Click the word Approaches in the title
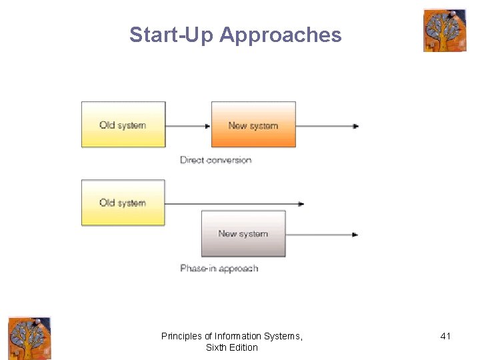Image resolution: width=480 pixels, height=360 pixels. coord(280,35)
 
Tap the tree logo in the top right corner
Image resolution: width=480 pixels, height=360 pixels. coord(445,31)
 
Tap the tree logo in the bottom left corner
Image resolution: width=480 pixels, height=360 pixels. coord(29,338)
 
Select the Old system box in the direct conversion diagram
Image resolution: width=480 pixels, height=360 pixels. coord(123,125)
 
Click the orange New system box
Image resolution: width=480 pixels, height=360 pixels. coord(253,125)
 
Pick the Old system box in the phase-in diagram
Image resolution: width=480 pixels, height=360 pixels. coord(123,203)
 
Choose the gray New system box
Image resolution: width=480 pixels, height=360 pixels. coord(243,233)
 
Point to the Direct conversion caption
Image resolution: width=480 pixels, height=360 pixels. coord(216,160)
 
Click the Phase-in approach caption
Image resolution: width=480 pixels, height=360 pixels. coord(219,268)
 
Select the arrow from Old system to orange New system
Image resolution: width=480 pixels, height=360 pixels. coord(188,126)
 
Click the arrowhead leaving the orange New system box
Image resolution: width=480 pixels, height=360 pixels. coord(356,126)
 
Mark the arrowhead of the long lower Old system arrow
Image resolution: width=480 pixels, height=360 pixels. coord(301,204)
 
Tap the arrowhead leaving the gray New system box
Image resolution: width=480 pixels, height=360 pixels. coord(356,234)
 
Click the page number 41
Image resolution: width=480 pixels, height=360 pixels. coord(445,336)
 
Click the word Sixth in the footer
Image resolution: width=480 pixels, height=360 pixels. coord(217,347)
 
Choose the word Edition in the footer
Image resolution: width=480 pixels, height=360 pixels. coord(243,347)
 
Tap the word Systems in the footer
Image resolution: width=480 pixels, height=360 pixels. coord(285,336)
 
